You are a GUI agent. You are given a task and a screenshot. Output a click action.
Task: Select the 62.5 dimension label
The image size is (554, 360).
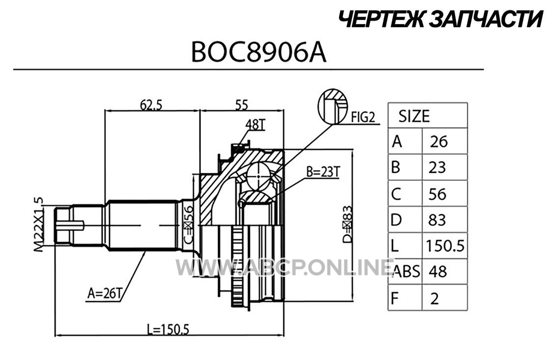151,105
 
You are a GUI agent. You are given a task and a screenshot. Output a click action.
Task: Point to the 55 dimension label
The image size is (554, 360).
242,105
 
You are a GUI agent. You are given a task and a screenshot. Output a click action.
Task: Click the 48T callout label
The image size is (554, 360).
255,125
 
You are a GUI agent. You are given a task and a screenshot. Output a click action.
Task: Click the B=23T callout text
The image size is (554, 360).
323,172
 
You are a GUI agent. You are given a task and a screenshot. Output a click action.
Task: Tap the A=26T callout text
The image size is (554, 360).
105,293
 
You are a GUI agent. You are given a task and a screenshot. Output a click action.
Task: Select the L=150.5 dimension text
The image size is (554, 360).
168,329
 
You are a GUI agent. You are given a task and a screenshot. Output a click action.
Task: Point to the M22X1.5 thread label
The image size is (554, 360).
39,224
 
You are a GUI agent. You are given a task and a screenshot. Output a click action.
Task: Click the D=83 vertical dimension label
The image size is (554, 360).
348,224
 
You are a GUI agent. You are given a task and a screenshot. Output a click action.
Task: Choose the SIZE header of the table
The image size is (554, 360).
414,116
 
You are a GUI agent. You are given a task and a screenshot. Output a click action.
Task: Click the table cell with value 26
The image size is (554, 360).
439,141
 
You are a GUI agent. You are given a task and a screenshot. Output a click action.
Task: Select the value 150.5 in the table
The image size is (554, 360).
445,246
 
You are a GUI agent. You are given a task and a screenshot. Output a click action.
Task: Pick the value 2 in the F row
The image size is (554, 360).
435,299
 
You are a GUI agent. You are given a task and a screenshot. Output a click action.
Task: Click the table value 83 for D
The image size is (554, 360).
437,220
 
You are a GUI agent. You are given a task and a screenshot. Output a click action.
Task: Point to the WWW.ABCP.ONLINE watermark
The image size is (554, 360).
284,268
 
